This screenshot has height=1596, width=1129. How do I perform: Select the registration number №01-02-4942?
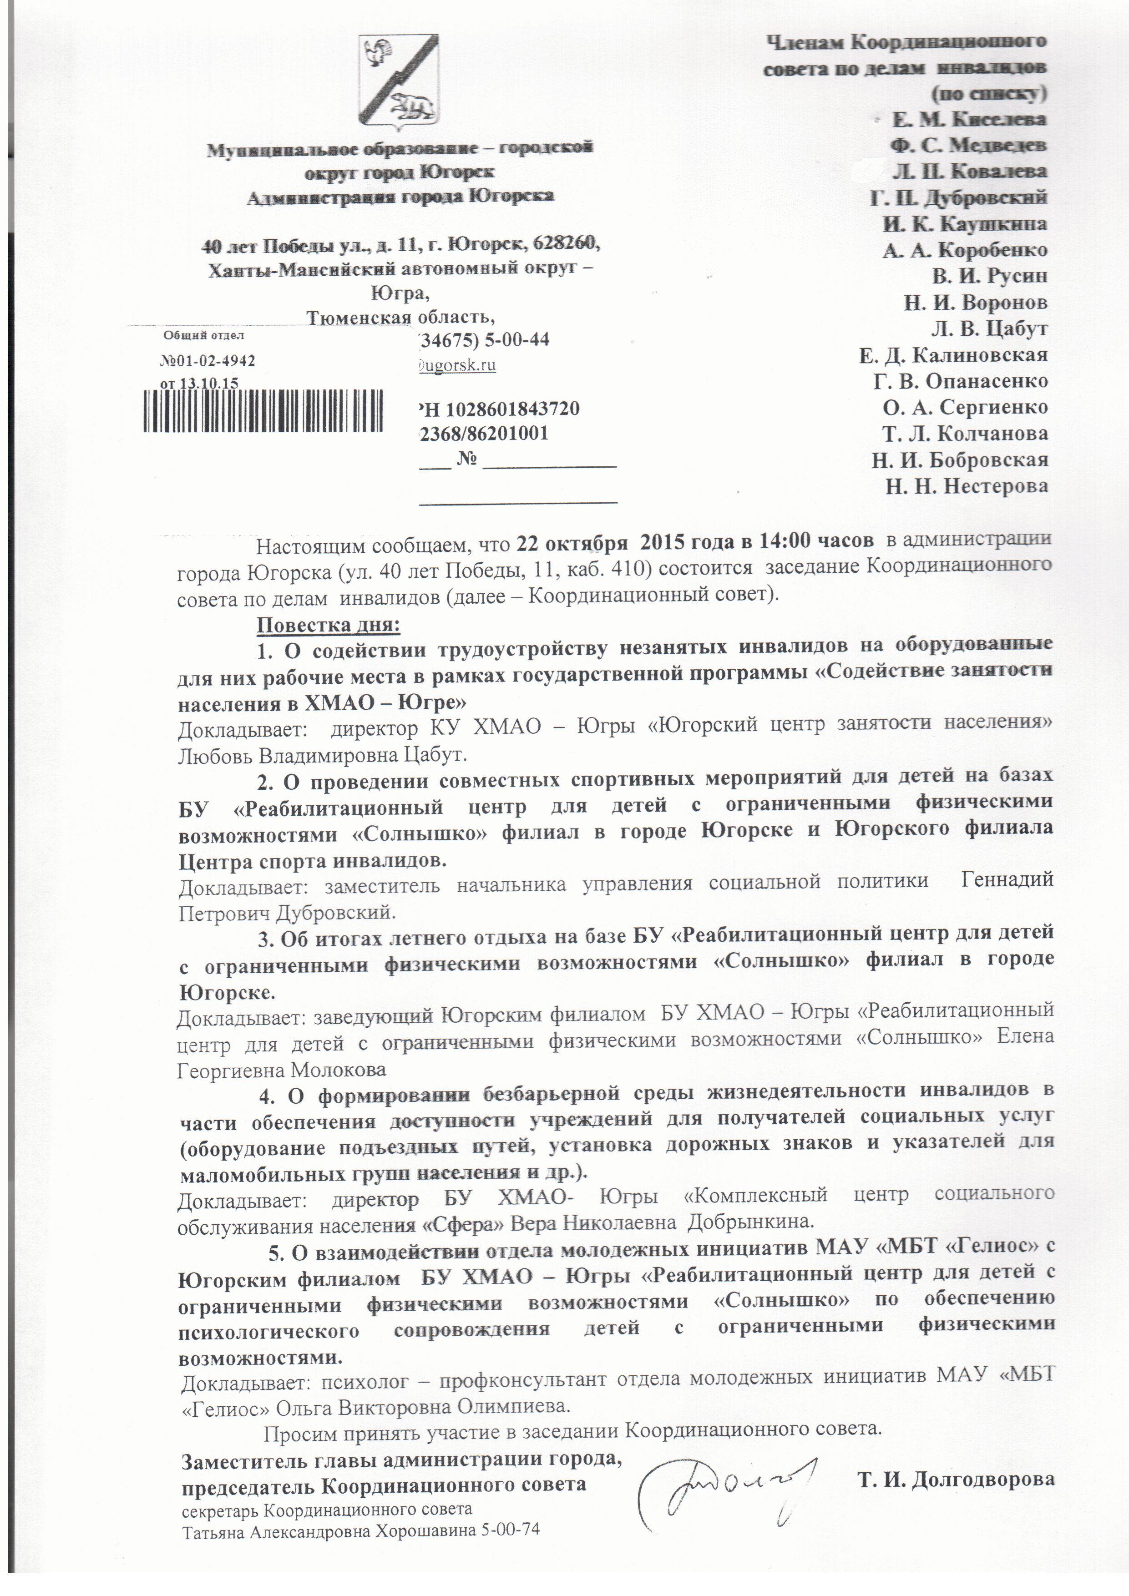pos(207,361)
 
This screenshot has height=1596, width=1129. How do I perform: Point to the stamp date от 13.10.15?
pos(199,383)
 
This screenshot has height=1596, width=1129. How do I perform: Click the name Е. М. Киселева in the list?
pos(969,120)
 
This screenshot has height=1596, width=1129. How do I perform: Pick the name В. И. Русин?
pos(989,276)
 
